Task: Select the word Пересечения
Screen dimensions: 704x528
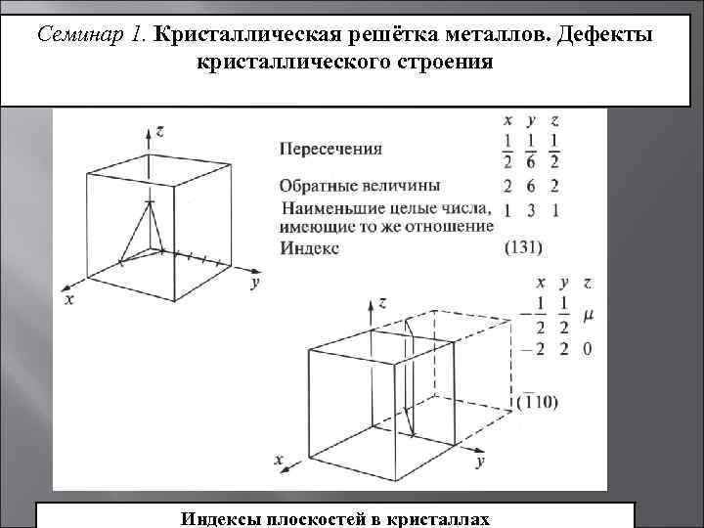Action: click(330, 150)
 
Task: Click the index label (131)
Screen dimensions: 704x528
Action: click(524, 248)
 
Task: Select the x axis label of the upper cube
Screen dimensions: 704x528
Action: click(69, 301)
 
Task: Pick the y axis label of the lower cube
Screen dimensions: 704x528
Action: click(480, 460)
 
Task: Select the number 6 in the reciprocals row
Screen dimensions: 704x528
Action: click(531, 186)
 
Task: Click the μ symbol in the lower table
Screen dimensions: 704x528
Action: click(587, 316)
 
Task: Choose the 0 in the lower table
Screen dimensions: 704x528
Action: click(587, 349)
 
